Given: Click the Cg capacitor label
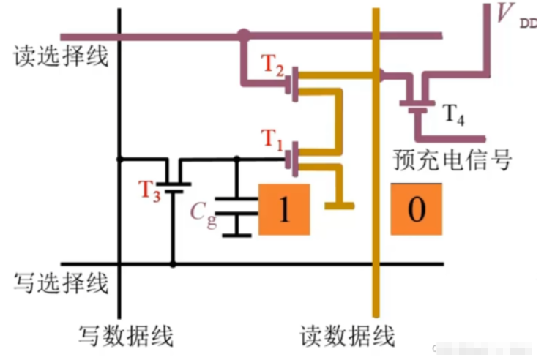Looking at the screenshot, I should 204,213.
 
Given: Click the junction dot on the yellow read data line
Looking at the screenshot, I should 379,74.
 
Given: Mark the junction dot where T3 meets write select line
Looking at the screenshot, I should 174,264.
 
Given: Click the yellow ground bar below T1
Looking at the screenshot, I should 340,205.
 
